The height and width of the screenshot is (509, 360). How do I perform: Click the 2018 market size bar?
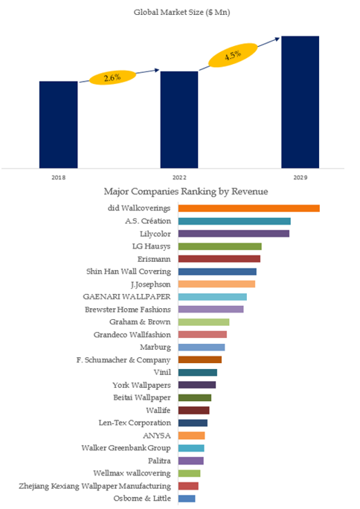pyautogui.click(x=58, y=125)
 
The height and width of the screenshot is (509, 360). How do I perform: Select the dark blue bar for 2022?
pyautogui.click(x=179, y=120)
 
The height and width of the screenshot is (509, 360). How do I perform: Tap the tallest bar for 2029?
pyautogui.click(x=300, y=102)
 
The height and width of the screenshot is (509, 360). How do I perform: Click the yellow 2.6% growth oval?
pyautogui.click(x=112, y=77)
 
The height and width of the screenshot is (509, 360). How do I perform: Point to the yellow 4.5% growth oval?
pyautogui.click(x=233, y=55)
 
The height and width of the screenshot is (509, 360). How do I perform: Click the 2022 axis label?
pyautogui.click(x=179, y=177)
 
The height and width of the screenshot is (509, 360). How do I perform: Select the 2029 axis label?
pyautogui.click(x=300, y=177)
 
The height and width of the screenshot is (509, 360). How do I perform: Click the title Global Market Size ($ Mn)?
pyautogui.click(x=182, y=13)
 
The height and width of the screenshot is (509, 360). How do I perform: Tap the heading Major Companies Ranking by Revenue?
pyautogui.click(x=186, y=191)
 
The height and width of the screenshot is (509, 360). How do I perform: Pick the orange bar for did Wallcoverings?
pyautogui.click(x=248, y=208)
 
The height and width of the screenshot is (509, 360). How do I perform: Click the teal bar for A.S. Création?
pyautogui.click(x=234, y=222)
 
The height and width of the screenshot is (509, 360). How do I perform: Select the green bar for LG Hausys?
pyautogui.click(x=220, y=246)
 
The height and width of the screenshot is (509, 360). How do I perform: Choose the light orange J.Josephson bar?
pyautogui.click(x=216, y=284)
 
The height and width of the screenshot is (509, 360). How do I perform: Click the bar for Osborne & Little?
pyautogui.click(x=187, y=499)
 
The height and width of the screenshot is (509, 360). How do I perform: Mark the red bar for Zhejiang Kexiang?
pyautogui.click(x=188, y=486)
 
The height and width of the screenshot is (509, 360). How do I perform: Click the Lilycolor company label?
pyautogui.click(x=155, y=234)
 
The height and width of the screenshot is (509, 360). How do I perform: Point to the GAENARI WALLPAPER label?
pyautogui.click(x=126, y=297)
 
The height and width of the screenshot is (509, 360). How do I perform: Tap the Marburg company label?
pyautogui.click(x=155, y=348)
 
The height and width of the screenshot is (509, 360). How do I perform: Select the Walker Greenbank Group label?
pyautogui.click(x=126, y=448)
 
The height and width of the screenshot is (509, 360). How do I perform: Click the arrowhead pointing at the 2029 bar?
pyautogui.click(x=277, y=39)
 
